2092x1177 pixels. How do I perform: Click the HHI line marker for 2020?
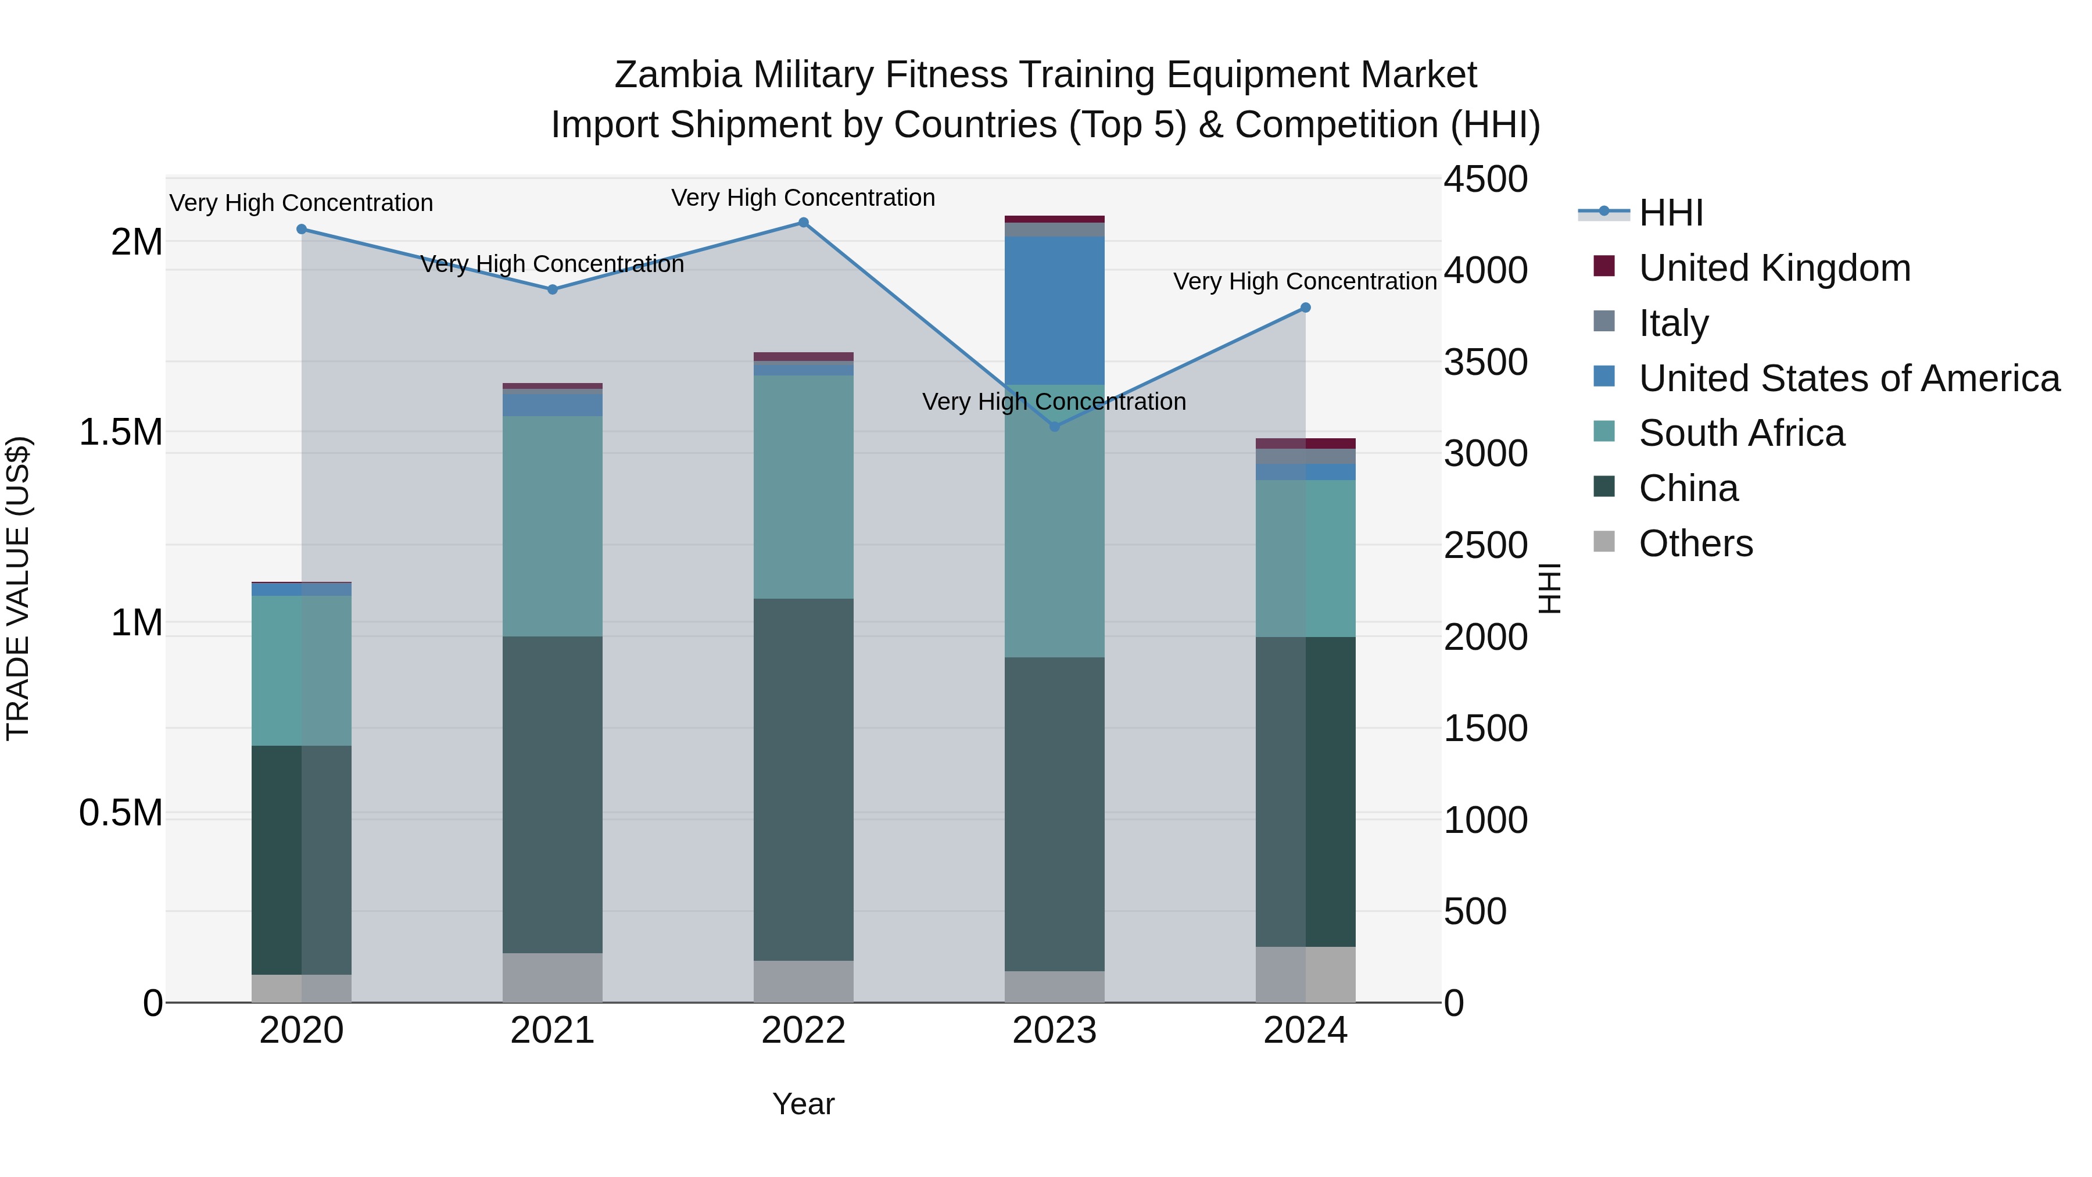tap(301, 229)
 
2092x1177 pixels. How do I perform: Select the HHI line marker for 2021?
tap(552, 289)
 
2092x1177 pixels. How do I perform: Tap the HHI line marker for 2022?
tap(803, 223)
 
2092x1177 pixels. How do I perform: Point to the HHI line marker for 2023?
tap(1054, 427)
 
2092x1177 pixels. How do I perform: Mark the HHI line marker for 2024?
tap(1305, 308)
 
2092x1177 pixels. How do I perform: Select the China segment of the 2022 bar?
tap(803, 780)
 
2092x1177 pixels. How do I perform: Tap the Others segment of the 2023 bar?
tap(1054, 986)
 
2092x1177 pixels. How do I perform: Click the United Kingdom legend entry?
tap(1775, 268)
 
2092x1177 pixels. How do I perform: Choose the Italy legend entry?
tap(1673, 323)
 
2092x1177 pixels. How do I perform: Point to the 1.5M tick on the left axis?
tap(121, 432)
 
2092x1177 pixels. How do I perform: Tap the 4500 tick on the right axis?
tap(1485, 180)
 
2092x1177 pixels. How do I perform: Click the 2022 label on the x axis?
tap(803, 1031)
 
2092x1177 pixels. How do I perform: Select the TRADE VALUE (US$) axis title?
tap(18, 588)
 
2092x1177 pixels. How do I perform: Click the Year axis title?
tap(803, 1104)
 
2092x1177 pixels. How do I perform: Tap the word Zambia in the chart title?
tap(678, 75)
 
